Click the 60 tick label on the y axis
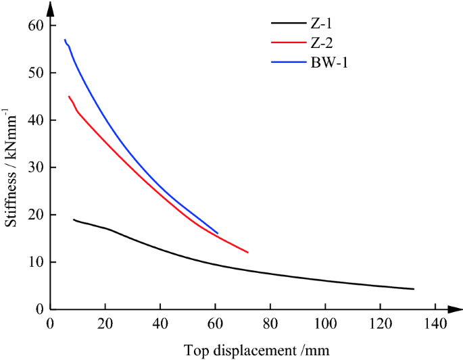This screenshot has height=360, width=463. click(x=34, y=26)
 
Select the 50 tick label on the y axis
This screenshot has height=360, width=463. click(x=34, y=73)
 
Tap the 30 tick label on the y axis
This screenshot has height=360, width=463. click(x=34, y=168)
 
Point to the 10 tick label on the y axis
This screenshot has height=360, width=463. click(x=34, y=262)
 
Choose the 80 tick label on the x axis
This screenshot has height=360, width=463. click(x=270, y=323)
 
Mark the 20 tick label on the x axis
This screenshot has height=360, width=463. click(x=105, y=323)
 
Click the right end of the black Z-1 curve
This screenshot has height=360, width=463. click(x=413, y=289)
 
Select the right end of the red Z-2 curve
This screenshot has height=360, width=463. click(x=248, y=252)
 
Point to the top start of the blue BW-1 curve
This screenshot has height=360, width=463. click(x=65, y=40)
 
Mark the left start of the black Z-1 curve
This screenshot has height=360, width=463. click(x=74, y=220)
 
